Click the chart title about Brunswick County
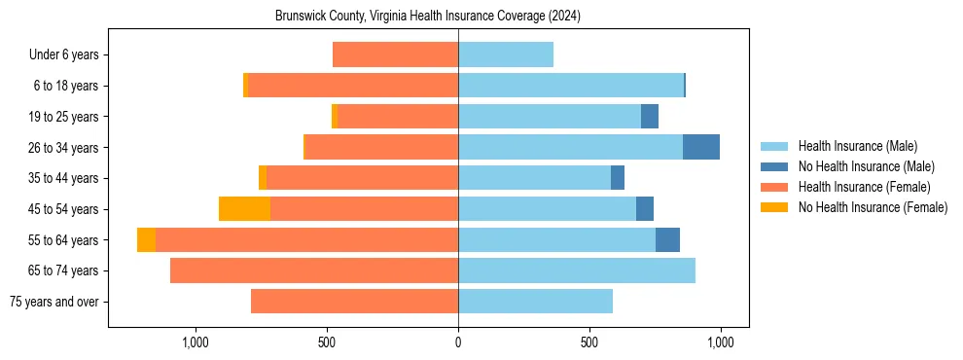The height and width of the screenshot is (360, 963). tap(428, 17)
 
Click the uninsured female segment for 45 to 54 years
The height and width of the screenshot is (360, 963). tap(244, 209)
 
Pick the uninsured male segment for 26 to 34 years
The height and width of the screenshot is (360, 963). tap(700, 147)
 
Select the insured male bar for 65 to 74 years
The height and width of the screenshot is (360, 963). tap(576, 270)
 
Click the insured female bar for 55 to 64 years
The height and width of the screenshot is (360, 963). tap(306, 239)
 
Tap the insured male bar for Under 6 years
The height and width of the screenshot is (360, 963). tap(505, 54)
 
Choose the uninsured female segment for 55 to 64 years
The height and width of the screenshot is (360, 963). tap(146, 239)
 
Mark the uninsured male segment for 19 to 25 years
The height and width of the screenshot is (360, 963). tap(649, 117)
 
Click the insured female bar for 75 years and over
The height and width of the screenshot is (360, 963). tap(354, 302)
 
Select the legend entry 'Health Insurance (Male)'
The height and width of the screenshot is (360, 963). tap(857, 146)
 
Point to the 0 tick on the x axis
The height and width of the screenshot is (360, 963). tap(458, 342)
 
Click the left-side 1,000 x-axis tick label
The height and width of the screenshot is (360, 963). tap(196, 342)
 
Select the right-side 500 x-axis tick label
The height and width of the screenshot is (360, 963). tap(589, 342)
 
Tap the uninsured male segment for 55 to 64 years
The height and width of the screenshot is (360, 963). tap(667, 239)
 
